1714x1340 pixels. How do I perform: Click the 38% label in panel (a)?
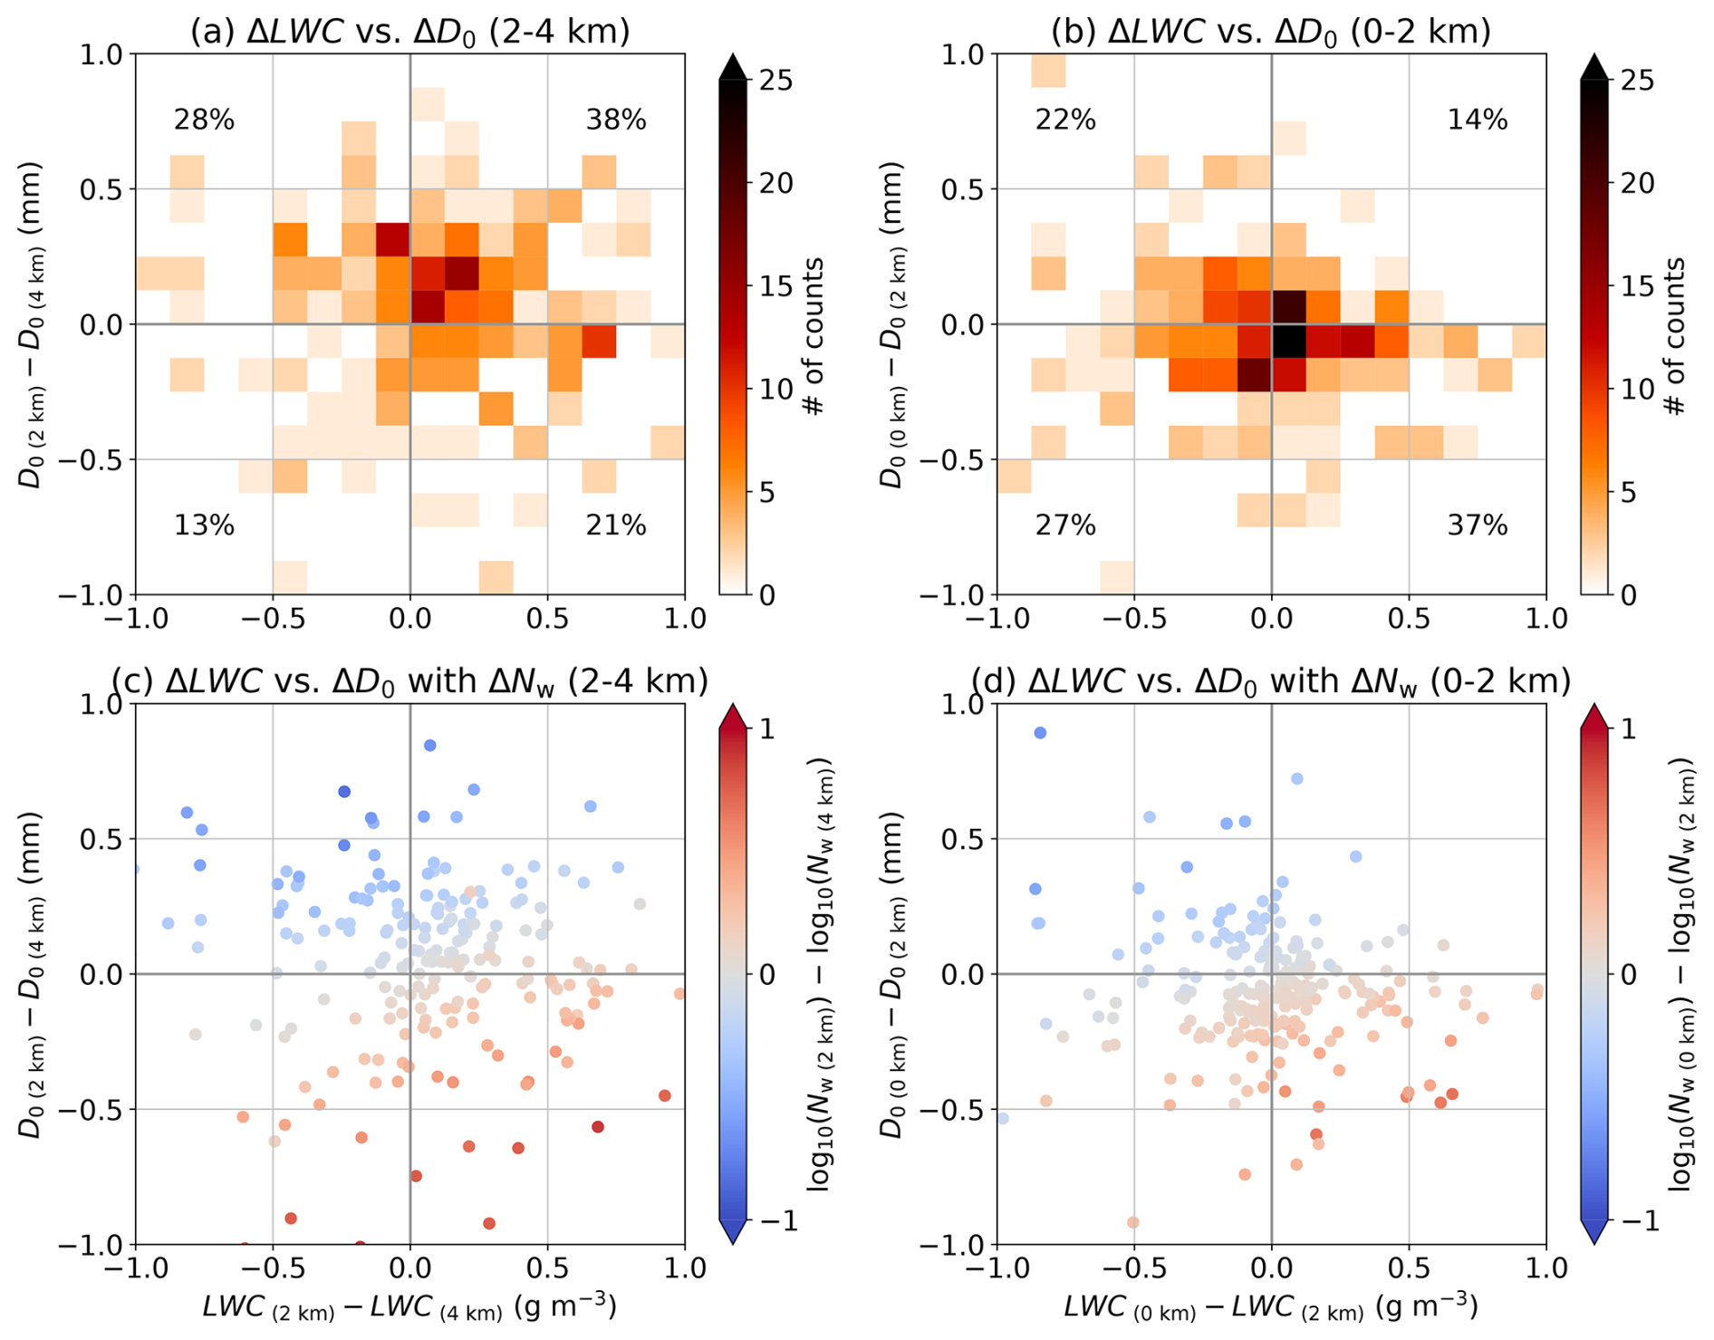[616, 120]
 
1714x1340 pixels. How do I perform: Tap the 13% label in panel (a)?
[204, 525]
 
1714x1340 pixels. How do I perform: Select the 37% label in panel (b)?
[1478, 525]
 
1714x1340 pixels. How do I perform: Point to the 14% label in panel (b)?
[1478, 120]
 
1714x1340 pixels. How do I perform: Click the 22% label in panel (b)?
[1065, 120]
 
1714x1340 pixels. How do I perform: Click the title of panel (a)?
[409, 31]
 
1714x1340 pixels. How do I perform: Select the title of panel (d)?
[1271, 680]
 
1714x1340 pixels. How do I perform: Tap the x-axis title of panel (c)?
[409, 1307]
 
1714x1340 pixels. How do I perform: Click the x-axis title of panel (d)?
[1271, 1307]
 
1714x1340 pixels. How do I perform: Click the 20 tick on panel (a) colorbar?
[775, 183]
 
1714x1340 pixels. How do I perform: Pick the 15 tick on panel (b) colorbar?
[1637, 286]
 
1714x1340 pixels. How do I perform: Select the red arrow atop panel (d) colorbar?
[1594, 717]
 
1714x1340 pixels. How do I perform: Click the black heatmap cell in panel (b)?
[1288, 342]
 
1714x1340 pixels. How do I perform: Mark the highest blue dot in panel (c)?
[430, 746]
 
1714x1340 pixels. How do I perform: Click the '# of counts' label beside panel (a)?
[814, 335]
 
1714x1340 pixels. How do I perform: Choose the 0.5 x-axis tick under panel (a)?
[547, 620]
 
